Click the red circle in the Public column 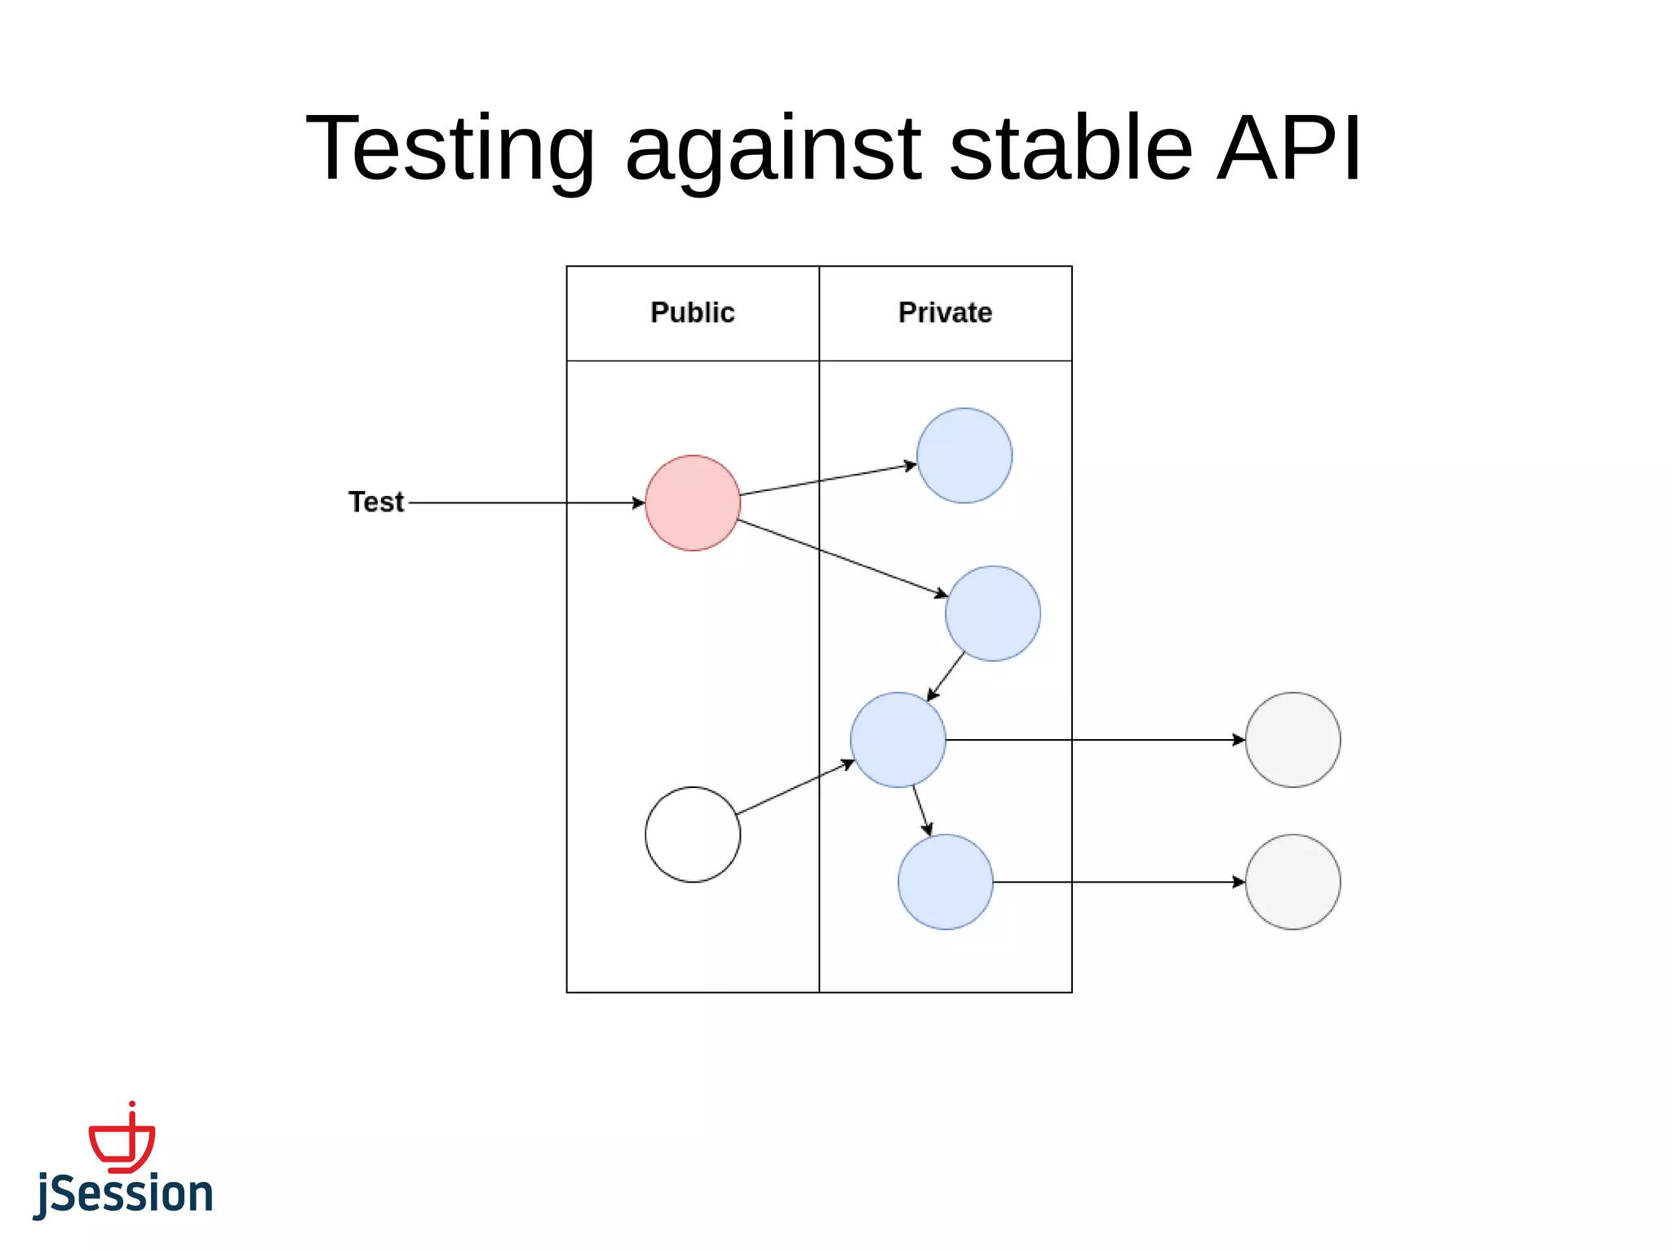coord(693,503)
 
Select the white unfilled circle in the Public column coord(693,835)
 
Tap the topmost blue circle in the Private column coord(964,456)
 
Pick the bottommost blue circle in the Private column coord(946,882)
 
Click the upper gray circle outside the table coord(1293,740)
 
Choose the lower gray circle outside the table coord(1293,882)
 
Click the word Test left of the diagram coord(376,503)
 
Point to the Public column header coord(693,313)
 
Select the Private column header coord(945,313)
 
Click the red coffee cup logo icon coord(122,1140)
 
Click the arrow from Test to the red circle coord(526,503)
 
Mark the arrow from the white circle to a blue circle coord(796,787)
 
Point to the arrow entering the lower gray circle coord(1118,882)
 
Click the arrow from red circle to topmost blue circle coord(828,480)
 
